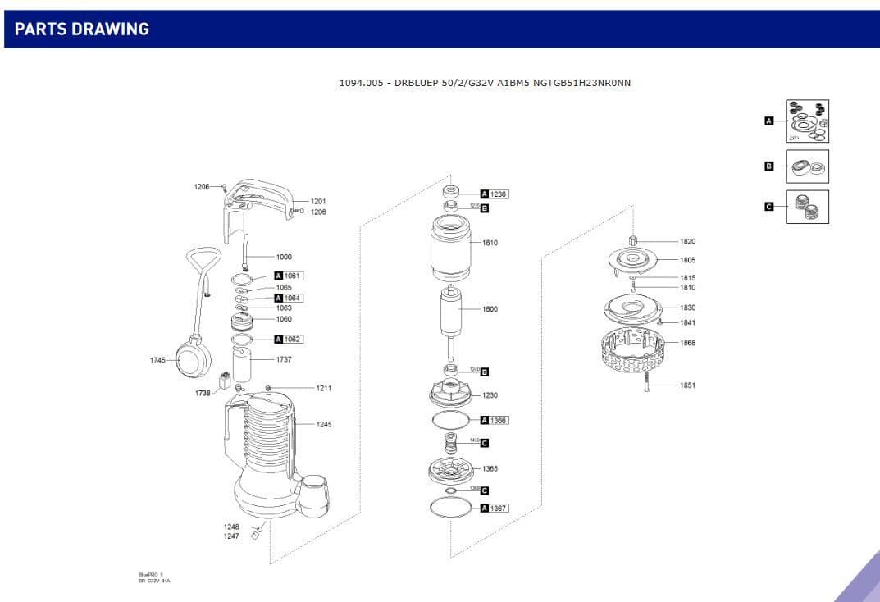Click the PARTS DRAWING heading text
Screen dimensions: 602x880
82,29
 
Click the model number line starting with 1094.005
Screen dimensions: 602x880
485,83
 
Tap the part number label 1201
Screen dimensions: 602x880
318,201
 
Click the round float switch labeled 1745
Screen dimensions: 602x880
194,358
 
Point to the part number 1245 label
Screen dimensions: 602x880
324,424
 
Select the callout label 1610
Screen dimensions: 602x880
490,243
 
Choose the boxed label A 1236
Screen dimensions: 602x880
494,194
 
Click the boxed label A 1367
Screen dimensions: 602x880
494,509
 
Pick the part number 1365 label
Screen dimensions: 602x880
490,469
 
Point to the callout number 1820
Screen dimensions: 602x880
687,242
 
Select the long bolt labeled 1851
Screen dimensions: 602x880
646,385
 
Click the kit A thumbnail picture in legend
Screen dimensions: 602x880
807,121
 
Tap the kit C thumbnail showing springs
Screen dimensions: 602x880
807,207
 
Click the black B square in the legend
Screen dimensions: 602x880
768,166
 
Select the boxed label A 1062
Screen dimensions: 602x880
288,340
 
